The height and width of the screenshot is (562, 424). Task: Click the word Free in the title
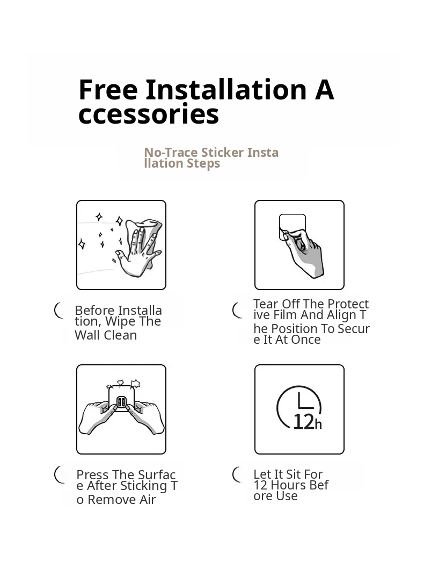(x=108, y=89)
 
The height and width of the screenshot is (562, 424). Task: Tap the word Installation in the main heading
(x=226, y=89)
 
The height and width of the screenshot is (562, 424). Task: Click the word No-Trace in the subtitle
(x=171, y=153)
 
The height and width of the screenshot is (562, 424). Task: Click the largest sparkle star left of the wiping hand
(x=120, y=221)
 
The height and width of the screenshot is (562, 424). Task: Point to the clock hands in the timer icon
(x=304, y=401)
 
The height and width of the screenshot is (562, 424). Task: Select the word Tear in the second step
(x=266, y=304)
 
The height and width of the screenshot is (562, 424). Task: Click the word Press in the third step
(x=93, y=475)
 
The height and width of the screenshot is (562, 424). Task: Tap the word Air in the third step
(x=148, y=500)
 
